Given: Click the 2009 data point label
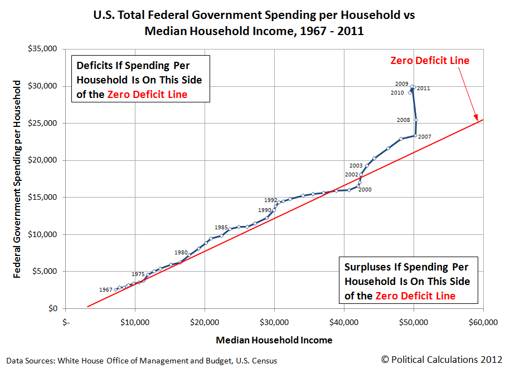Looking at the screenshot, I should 402,84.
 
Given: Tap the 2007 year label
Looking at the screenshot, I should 424,136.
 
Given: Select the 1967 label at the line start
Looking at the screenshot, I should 105,289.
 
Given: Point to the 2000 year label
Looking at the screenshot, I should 365,190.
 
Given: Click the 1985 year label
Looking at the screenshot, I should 221,227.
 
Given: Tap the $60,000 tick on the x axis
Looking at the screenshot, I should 483,322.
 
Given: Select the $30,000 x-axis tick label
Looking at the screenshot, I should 274,322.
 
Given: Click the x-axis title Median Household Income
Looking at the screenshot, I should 274,340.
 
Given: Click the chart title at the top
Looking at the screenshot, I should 254,22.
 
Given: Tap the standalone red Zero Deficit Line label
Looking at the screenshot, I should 430,61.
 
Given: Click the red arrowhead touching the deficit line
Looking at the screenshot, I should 477,118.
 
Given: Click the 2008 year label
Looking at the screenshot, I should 404,120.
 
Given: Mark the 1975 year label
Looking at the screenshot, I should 138,274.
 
